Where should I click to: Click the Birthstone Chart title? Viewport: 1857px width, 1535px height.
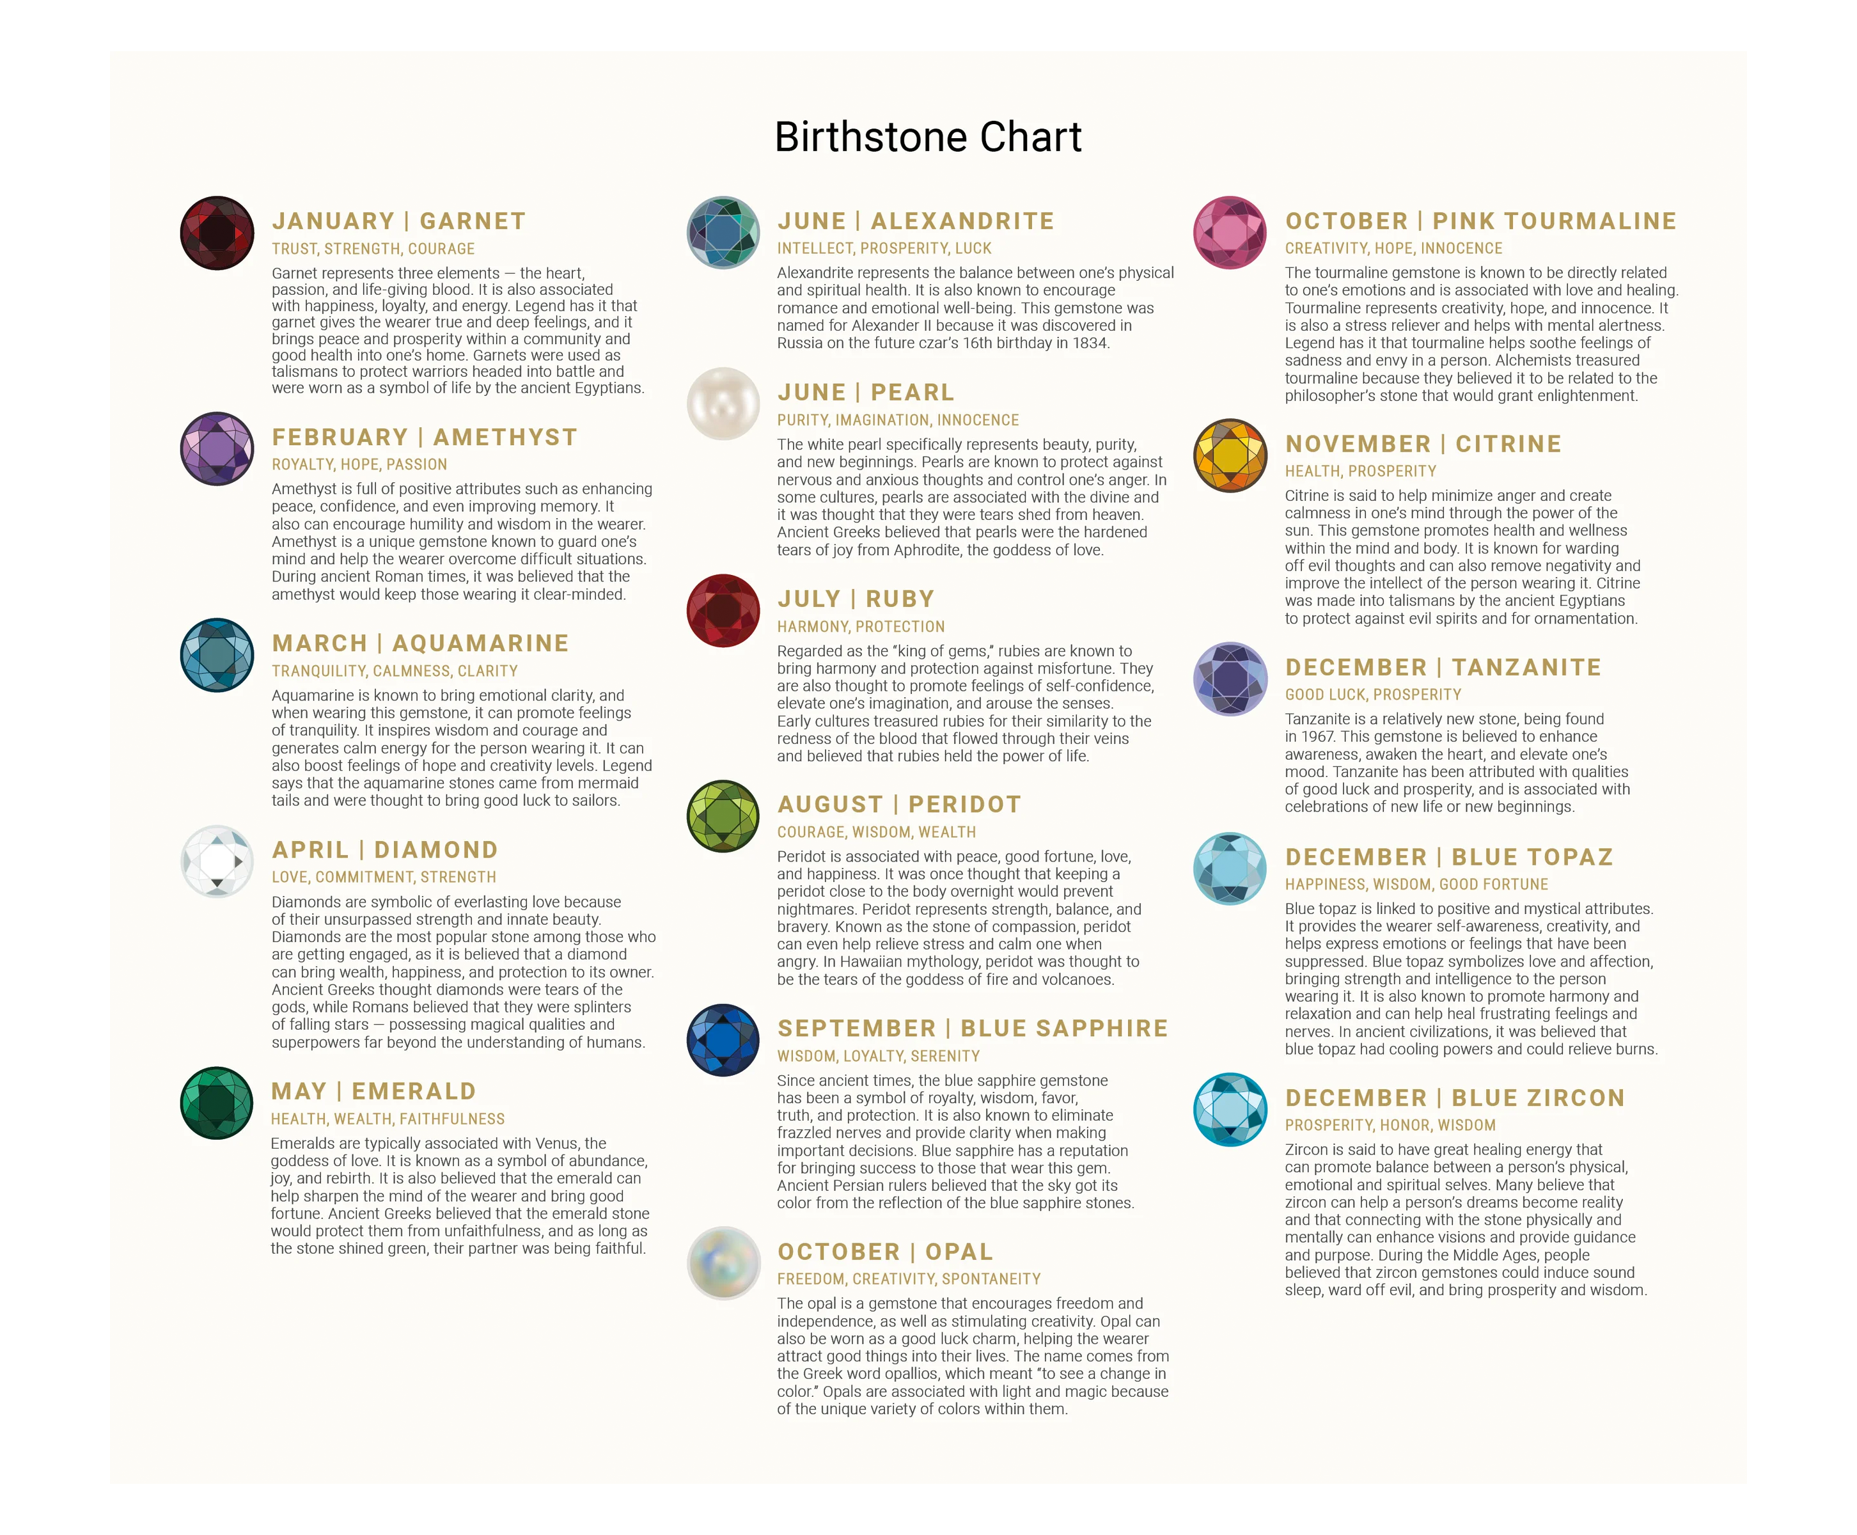927,137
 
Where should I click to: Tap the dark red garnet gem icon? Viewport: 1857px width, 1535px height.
217,233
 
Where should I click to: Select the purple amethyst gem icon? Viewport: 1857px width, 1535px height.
217,448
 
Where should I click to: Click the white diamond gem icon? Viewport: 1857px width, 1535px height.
217,862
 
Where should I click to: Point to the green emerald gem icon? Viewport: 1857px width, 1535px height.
217,1103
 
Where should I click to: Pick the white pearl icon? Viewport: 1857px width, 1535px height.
723,403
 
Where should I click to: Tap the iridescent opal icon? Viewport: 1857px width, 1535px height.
723,1263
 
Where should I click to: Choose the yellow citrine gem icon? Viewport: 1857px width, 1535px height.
1230,455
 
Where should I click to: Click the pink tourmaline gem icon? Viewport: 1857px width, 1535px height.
1230,233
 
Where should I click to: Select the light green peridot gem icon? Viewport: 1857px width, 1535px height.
723,816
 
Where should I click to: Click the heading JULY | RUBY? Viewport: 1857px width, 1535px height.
856,599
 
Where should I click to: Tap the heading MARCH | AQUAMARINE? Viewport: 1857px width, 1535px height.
420,643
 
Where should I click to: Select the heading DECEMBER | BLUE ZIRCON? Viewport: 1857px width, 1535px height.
1455,1098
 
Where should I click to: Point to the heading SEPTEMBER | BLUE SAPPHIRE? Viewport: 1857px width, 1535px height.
972,1028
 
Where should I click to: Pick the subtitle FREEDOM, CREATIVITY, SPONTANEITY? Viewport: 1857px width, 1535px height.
909,1279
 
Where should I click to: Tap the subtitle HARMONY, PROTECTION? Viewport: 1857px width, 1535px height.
861,627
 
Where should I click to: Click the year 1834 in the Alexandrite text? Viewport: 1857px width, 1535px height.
1090,343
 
